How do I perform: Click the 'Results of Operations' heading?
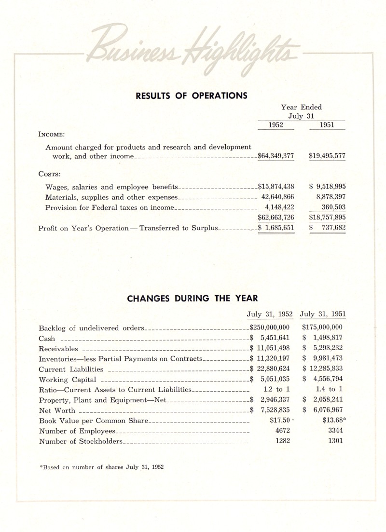point(192,95)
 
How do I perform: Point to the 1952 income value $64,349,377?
point(276,156)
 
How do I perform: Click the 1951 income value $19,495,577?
point(327,156)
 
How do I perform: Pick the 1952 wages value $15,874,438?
point(276,186)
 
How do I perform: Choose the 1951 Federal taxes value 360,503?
point(331,207)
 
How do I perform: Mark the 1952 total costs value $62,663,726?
point(276,218)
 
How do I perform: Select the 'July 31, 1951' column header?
point(323,314)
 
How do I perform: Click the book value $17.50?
point(279,420)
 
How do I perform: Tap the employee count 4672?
point(282,430)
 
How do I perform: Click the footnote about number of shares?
point(101,466)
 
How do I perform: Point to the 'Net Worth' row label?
point(57,410)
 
